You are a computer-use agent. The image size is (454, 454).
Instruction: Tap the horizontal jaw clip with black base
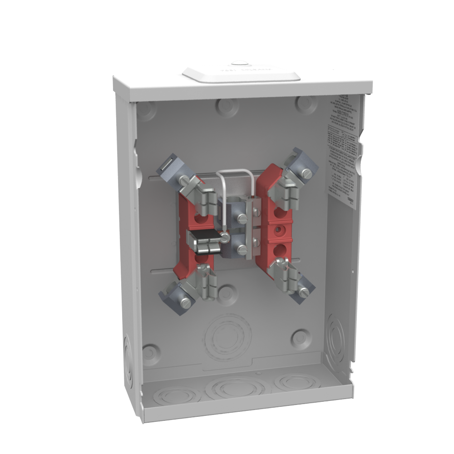(x=204, y=241)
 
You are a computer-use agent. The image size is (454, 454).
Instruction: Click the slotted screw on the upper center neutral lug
(x=242, y=218)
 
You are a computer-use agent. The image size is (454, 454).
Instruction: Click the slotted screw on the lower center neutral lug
(x=242, y=249)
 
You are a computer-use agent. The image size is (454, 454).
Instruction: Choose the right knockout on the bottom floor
(x=297, y=382)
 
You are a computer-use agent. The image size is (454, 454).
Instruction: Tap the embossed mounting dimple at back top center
(x=227, y=106)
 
